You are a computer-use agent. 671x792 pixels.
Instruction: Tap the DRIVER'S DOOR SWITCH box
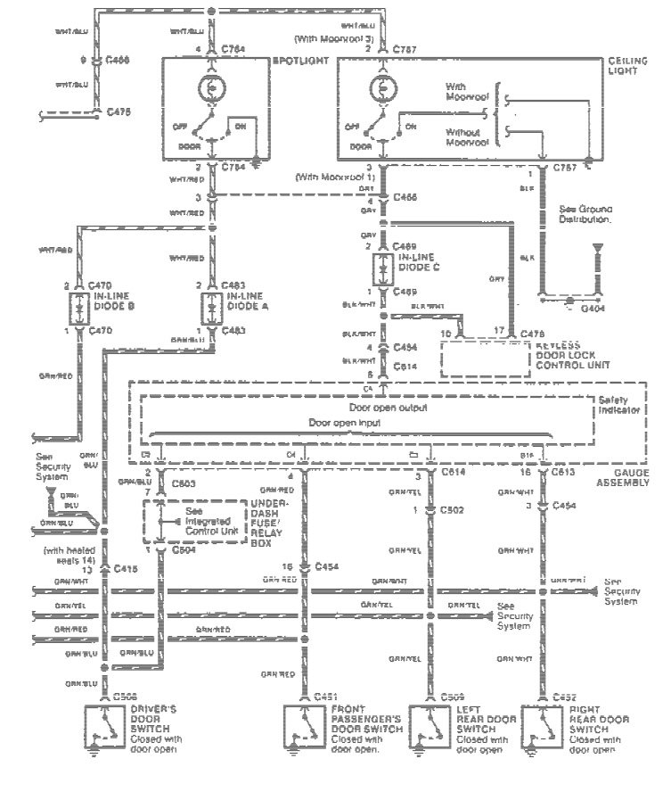[104, 722]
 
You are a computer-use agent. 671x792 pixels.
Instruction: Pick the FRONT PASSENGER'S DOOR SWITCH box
[304, 722]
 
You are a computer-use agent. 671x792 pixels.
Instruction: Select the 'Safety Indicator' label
[618, 406]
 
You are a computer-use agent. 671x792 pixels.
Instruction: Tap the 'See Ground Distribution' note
[585, 214]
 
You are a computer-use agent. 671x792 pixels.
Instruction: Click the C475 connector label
[119, 112]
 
